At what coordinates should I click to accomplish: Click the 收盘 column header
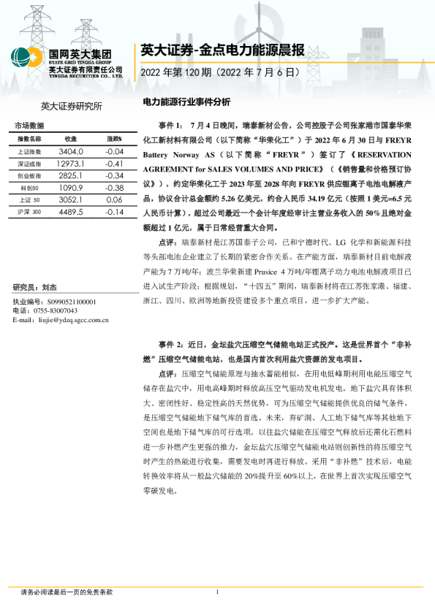[x=71, y=138]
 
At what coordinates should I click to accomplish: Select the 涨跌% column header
[x=113, y=138]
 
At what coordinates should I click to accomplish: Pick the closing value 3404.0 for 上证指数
[x=71, y=151]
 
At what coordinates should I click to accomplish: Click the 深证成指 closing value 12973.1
[x=71, y=164]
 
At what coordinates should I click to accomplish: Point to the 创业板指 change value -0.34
[x=113, y=177]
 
